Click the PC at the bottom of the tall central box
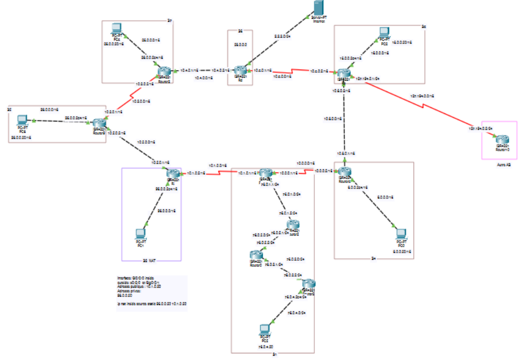tap(266, 330)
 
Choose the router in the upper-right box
tap(343, 74)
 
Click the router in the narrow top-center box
tap(240, 71)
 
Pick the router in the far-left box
tap(99, 125)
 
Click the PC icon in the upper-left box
tap(116, 28)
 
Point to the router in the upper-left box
tap(163, 71)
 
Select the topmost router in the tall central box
tap(266, 174)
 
